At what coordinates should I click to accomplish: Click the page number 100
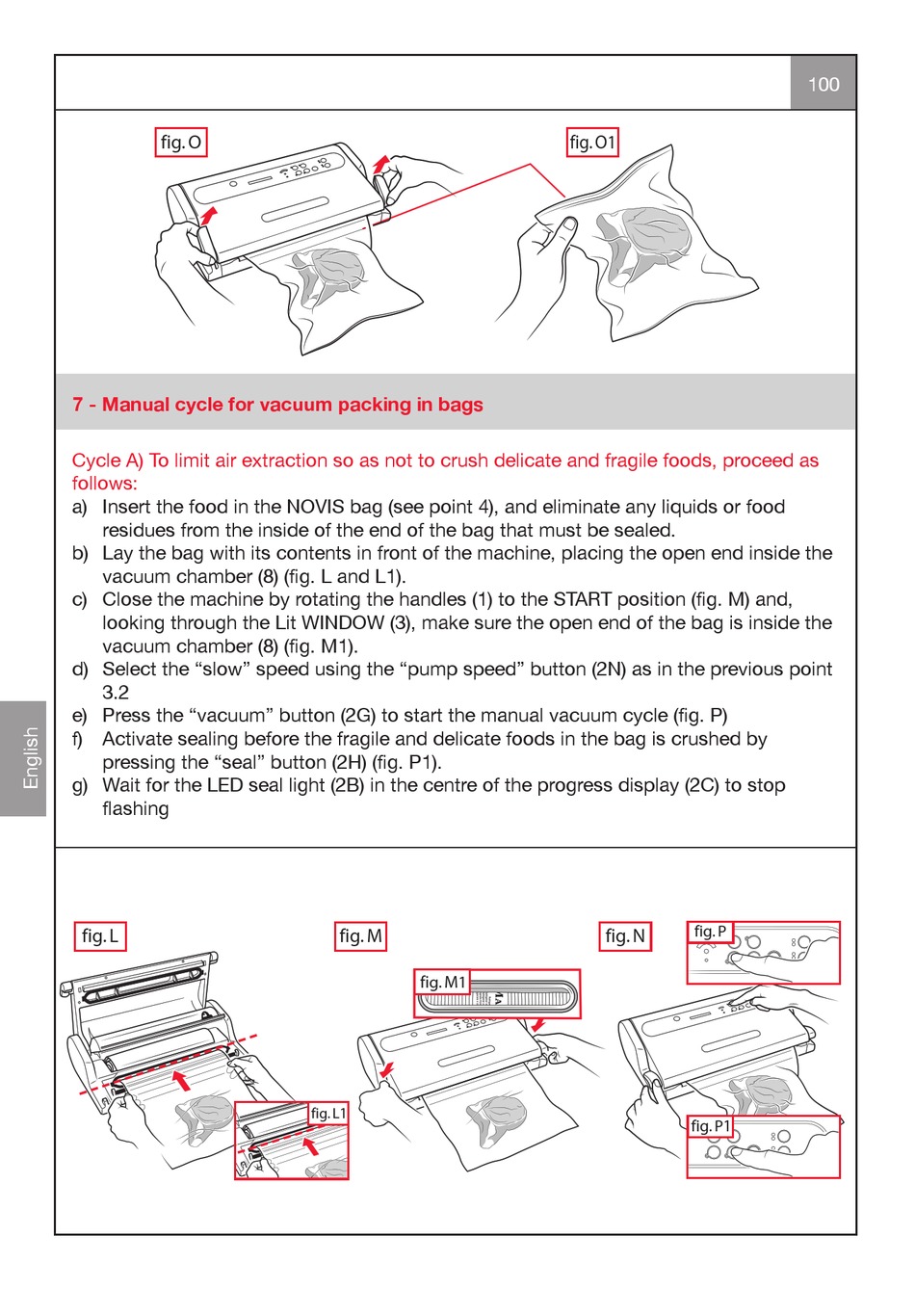tap(823, 84)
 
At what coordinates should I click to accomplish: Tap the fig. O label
tap(181, 143)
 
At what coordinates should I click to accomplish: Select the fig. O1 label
tap(592, 143)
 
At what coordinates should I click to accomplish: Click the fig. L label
tap(100, 935)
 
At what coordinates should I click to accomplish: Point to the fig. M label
tap(361, 935)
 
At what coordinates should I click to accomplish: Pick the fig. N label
tap(625, 935)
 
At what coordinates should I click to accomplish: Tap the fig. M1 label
tap(443, 982)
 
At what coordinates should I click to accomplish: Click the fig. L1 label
tap(328, 1114)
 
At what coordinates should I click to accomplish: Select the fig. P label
tap(710, 931)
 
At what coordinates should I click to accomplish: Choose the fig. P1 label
tap(711, 1125)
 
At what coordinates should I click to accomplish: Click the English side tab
tap(31, 758)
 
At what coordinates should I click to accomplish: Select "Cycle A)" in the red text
tap(108, 460)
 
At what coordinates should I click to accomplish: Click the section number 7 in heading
tap(78, 405)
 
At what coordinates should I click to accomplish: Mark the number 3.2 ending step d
tap(116, 692)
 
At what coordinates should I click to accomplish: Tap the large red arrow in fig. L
tap(180, 1079)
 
